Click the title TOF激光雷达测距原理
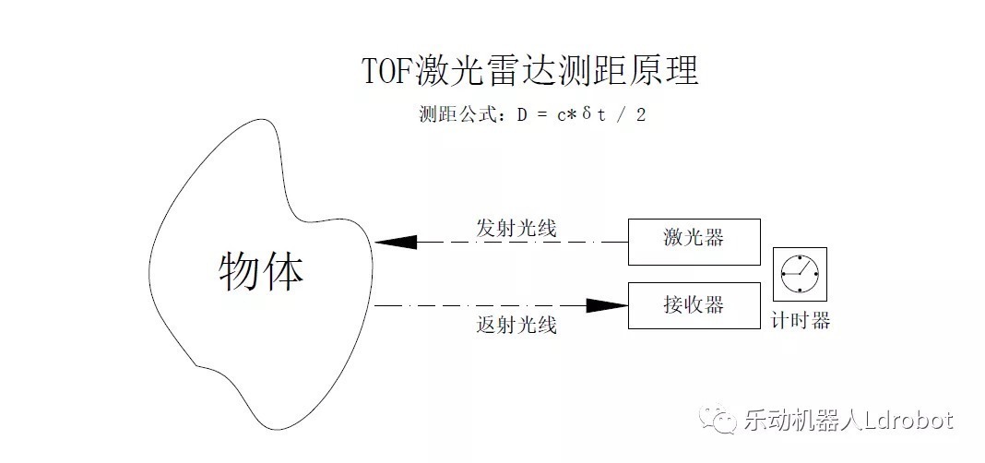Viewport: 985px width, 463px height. pos(530,71)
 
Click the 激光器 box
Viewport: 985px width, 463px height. pos(694,241)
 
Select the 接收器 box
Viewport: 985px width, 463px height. pos(694,304)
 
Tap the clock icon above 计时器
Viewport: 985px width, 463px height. pos(799,273)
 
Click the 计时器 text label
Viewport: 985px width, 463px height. pos(801,321)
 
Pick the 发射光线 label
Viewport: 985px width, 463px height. pos(516,228)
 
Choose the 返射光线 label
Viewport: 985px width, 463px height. pos(516,325)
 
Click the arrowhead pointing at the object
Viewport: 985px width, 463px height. pos(395,242)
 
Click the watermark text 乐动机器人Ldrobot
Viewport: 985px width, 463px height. pos(848,421)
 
